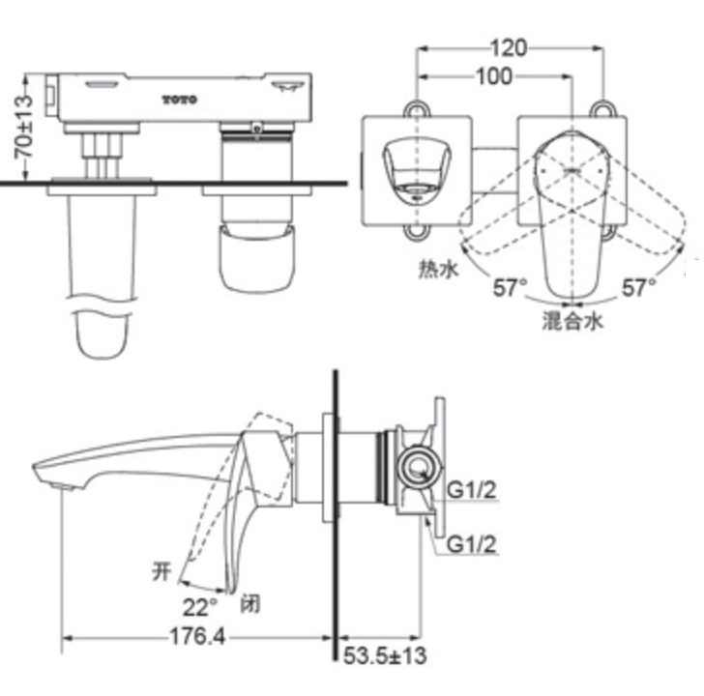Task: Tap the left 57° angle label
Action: click(510, 287)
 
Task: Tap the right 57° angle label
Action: click(638, 287)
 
